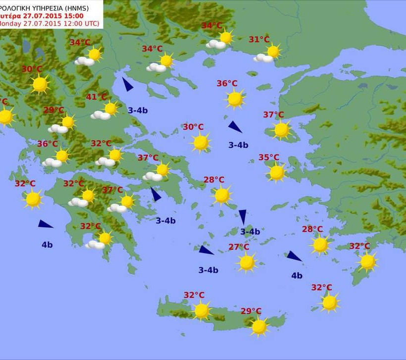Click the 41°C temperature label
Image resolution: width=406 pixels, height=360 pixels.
(x=97, y=97)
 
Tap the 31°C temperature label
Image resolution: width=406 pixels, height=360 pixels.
(x=259, y=40)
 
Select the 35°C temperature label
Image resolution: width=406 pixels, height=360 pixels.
(x=269, y=158)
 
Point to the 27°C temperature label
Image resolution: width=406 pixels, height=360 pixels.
(x=239, y=247)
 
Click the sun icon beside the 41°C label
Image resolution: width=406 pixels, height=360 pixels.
(x=110, y=108)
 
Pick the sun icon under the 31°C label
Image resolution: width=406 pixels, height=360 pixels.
(x=273, y=51)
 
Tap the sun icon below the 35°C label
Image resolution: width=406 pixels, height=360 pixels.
(x=277, y=172)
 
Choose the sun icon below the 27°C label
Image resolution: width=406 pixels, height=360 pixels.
(x=247, y=262)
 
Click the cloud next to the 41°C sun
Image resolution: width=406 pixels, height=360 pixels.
(x=101, y=115)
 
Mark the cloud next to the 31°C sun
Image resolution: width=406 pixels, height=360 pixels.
(x=263, y=58)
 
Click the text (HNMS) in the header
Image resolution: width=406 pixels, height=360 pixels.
(x=89, y=7)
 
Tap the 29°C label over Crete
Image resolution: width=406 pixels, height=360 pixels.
(x=251, y=311)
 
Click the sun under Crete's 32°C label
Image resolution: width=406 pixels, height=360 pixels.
(x=202, y=310)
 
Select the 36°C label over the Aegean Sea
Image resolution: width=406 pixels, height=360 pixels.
(x=227, y=84)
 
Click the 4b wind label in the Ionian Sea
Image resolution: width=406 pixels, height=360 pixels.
(x=47, y=244)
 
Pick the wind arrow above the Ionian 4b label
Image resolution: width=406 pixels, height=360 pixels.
(x=45, y=224)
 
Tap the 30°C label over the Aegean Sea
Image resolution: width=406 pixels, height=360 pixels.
(x=193, y=127)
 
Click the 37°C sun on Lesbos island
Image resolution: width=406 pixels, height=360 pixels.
(x=281, y=130)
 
